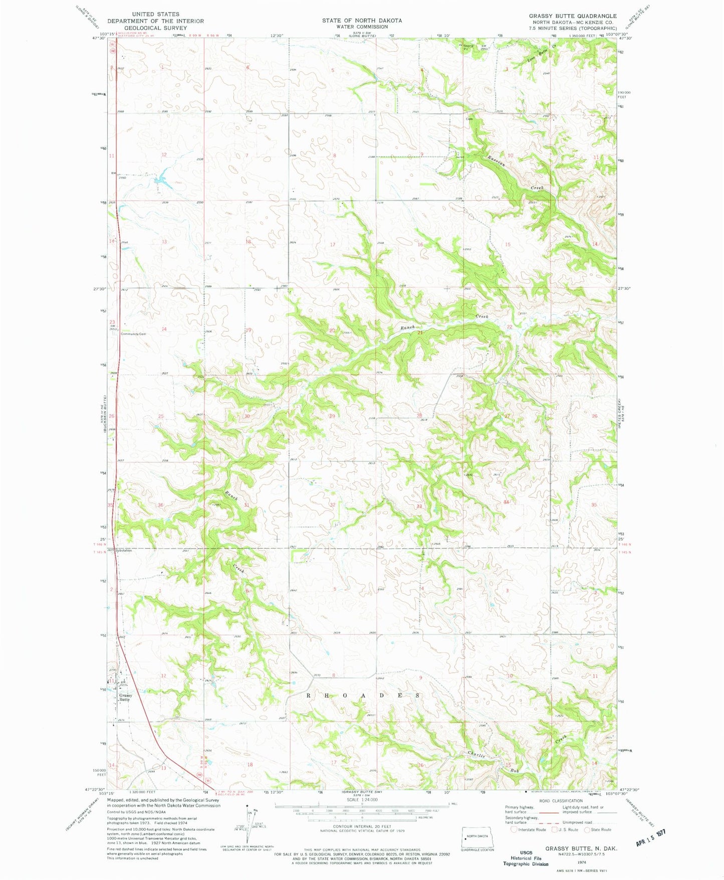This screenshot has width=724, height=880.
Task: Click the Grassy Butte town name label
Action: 125,697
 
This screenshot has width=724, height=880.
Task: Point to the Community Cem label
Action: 133,334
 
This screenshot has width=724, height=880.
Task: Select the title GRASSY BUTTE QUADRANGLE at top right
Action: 573,16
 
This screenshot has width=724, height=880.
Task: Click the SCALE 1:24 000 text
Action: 362,800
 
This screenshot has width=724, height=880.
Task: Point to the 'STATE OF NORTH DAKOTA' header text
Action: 361,21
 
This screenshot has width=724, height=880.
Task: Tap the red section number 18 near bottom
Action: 250,764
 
